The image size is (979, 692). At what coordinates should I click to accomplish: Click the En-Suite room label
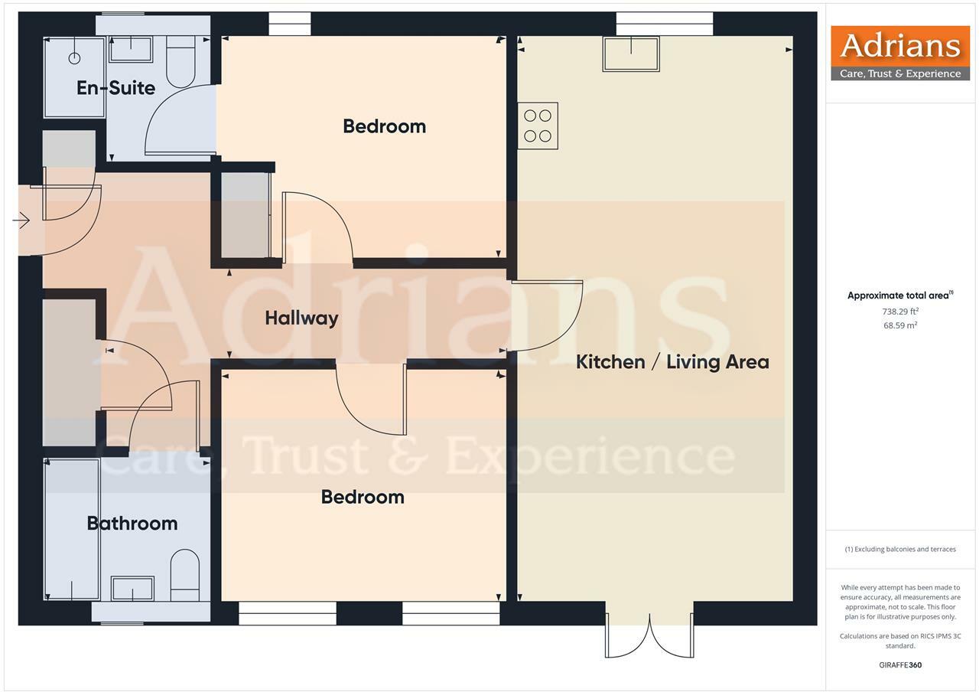(115, 88)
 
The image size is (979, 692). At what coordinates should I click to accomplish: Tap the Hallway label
(301, 318)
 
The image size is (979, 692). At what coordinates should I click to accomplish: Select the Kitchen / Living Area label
(672, 362)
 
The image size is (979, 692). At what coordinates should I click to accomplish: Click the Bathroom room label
(132, 524)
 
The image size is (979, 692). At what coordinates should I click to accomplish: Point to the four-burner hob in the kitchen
(538, 126)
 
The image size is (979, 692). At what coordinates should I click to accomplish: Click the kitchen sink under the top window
(631, 54)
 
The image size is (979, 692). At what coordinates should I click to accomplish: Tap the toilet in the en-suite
(181, 60)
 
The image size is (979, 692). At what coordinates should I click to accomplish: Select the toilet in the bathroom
(184, 574)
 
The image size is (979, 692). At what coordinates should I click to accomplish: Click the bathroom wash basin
(132, 589)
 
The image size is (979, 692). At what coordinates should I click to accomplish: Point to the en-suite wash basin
(131, 49)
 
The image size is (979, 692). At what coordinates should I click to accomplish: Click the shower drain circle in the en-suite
(75, 58)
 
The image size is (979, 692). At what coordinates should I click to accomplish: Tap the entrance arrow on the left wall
(21, 221)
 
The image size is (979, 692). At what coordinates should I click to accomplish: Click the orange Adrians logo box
(900, 53)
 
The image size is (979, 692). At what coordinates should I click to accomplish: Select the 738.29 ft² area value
(900, 312)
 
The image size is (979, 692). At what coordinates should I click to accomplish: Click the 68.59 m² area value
(900, 325)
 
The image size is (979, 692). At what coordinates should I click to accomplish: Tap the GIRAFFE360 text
(900, 664)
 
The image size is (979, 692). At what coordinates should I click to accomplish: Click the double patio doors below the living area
(650, 634)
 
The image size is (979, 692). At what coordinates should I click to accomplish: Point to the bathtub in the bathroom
(72, 530)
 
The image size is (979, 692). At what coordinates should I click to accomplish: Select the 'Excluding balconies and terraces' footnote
(900, 549)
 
